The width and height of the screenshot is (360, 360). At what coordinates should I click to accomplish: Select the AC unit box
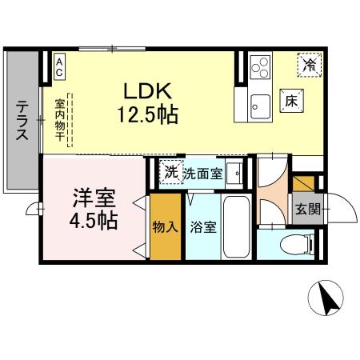60,66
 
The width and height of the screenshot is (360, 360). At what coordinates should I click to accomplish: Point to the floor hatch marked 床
291,102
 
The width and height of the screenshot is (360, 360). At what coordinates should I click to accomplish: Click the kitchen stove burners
260,66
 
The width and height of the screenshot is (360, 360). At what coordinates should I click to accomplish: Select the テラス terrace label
23,121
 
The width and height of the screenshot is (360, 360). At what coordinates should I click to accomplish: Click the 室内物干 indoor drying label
60,120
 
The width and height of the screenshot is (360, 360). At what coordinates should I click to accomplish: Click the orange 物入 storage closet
165,227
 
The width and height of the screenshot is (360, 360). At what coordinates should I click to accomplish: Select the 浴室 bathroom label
202,227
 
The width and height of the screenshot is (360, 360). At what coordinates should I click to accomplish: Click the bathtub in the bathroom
238,226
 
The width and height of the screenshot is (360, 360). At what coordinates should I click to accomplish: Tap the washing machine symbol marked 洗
170,172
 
